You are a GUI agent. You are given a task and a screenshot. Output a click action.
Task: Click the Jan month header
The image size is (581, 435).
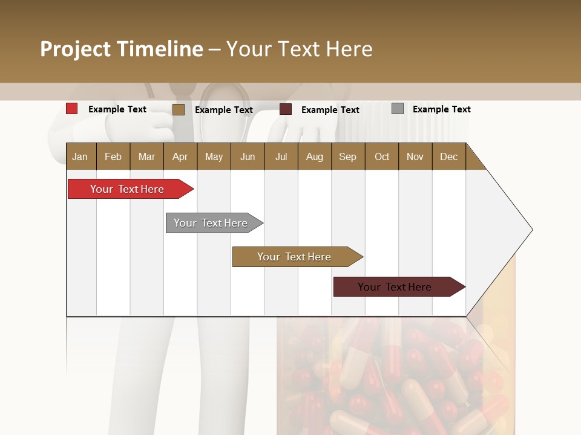click(80, 156)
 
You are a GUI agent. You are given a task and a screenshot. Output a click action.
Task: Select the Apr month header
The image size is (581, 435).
click(180, 156)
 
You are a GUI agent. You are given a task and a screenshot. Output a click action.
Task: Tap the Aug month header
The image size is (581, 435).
click(314, 156)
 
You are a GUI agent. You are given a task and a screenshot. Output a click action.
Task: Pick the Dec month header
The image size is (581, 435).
click(448, 156)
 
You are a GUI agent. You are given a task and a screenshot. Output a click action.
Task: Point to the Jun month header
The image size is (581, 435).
click(247, 156)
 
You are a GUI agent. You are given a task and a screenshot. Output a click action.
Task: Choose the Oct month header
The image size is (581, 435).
click(381, 156)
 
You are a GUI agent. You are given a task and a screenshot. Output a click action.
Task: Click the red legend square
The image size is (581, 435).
click(72, 109)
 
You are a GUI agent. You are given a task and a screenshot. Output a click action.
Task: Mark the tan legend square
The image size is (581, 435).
click(179, 109)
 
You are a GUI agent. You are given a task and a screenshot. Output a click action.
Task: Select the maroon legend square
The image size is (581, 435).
click(286, 109)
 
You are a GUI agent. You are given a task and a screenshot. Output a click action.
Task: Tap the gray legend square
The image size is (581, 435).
click(398, 109)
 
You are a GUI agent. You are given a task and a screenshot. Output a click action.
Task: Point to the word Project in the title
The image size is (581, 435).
click(75, 49)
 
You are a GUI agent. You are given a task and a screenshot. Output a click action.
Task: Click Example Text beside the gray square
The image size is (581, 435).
click(441, 109)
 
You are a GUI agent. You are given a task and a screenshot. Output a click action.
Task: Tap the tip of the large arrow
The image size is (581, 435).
click(531, 230)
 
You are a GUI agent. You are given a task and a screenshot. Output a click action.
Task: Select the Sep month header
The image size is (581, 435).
click(347, 156)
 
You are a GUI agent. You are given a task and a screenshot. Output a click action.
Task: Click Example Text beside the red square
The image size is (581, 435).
click(117, 109)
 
